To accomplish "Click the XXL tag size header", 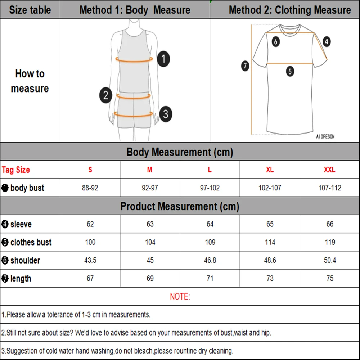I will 329,170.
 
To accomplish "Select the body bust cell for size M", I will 150,188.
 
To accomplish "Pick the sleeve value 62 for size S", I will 90,224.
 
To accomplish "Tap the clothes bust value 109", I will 210,242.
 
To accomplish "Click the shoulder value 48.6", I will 270,260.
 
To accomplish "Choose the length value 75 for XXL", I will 330,278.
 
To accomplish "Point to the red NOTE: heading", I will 180,297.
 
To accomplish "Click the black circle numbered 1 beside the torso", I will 163,59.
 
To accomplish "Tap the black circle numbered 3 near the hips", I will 165,114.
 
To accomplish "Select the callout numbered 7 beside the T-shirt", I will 245,66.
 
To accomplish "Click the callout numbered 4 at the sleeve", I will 326,42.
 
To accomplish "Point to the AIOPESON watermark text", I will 325,137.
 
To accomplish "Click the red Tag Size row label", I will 16,170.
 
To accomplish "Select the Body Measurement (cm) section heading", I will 180,152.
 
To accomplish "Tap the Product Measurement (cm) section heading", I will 180,207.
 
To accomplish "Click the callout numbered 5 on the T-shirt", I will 290,71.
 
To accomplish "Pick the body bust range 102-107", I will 270,188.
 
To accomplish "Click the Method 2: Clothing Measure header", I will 290,10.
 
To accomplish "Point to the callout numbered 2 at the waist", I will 105,95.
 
